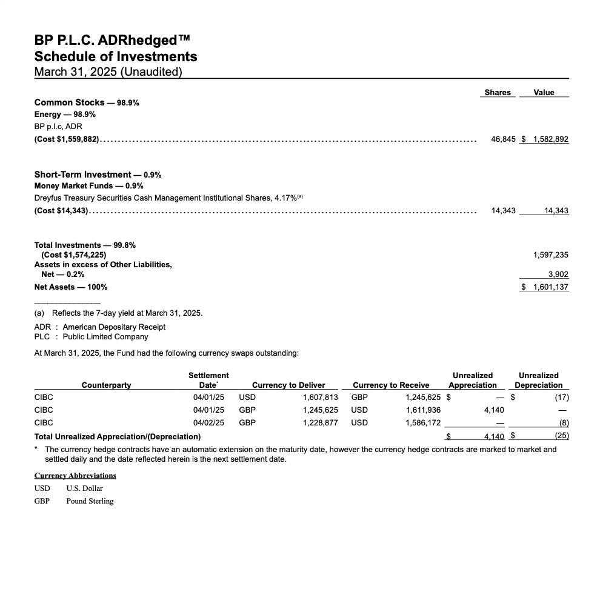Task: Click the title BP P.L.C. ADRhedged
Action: click(x=112, y=41)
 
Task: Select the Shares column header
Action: click(x=498, y=93)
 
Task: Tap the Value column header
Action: click(x=544, y=93)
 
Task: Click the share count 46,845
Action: click(x=503, y=139)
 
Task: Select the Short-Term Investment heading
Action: click(x=82, y=175)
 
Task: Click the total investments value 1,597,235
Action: click(x=550, y=255)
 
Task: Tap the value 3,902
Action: click(x=558, y=275)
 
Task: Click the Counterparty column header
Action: click(x=106, y=385)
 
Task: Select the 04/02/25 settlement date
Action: click(x=208, y=422)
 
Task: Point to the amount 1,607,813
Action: click(x=320, y=398)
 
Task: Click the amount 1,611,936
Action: click(x=423, y=410)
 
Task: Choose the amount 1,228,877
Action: click(x=320, y=422)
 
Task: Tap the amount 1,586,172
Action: click(x=423, y=422)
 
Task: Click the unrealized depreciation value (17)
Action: click(x=562, y=398)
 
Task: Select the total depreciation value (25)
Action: click(x=562, y=436)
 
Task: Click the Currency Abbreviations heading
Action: click(x=75, y=475)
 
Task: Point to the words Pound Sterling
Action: click(x=90, y=501)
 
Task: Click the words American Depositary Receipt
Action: click(x=114, y=327)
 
